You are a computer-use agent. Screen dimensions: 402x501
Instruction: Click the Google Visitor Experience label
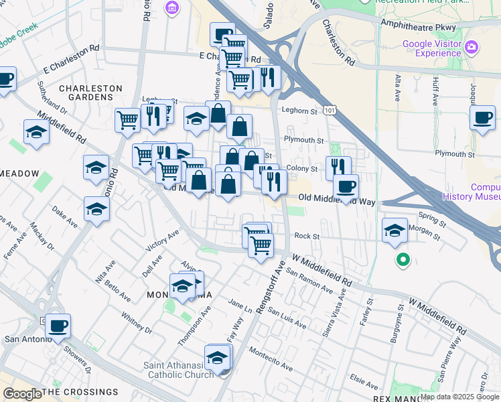(x=432, y=49)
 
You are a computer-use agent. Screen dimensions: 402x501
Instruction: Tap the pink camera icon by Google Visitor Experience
(x=471, y=46)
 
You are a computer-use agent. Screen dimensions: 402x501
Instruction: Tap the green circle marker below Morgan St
(x=403, y=260)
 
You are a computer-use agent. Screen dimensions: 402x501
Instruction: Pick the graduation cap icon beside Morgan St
(x=395, y=231)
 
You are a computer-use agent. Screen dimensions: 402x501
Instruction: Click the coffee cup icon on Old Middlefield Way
(x=346, y=186)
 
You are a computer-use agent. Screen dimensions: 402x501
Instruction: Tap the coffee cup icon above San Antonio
(x=58, y=326)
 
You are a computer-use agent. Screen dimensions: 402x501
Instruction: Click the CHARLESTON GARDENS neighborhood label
(x=90, y=92)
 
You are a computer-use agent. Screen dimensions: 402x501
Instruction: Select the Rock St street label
(x=305, y=236)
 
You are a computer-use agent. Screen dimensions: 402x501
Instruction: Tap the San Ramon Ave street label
(x=309, y=281)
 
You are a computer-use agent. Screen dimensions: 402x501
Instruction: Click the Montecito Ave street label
(x=271, y=358)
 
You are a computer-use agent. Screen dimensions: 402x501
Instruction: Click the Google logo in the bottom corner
(x=22, y=394)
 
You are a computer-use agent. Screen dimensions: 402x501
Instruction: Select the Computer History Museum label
(x=472, y=192)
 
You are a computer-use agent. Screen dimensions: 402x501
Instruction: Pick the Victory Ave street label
(x=162, y=241)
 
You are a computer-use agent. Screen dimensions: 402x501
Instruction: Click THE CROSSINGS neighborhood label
(x=80, y=392)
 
